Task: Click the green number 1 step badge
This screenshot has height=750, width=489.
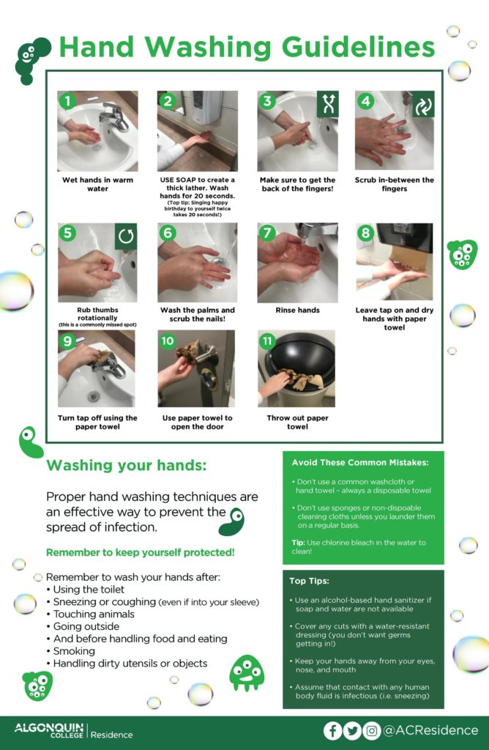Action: point(67,101)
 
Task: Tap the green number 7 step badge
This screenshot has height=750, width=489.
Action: point(267,233)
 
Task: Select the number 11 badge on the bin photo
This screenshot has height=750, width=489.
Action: point(267,341)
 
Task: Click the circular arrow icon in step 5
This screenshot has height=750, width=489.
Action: point(126,237)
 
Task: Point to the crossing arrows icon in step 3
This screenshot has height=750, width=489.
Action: point(328,104)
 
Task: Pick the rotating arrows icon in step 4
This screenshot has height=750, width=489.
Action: point(424,104)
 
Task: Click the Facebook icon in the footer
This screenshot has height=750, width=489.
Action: point(332,730)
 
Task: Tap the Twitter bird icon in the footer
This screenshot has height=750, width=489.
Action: point(352,730)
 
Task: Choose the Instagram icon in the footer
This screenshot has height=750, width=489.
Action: point(371,730)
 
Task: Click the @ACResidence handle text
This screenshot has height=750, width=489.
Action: point(430,730)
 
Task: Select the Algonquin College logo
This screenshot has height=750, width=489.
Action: point(49,730)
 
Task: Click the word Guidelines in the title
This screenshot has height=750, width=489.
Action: point(358,47)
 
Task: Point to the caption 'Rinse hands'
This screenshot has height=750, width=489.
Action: point(297,310)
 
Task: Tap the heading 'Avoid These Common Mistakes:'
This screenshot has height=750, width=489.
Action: point(360,463)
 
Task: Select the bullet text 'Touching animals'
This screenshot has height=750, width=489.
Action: point(94,615)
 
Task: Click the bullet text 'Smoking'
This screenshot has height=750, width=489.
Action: point(74,651)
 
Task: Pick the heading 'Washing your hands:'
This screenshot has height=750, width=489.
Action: point(127,465)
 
